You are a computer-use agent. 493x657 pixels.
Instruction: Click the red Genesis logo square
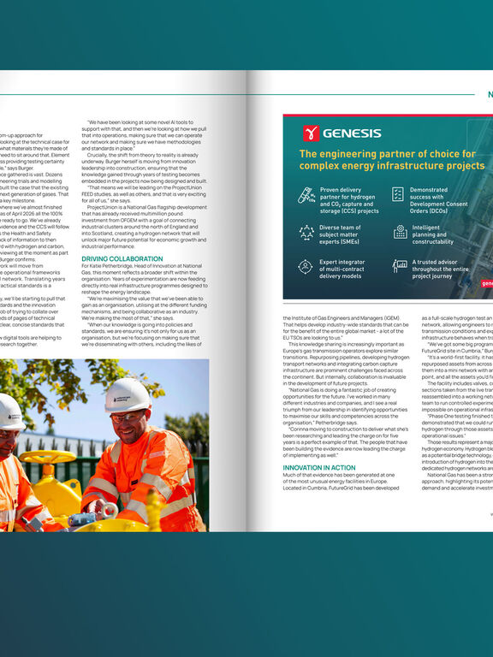coord(311,133)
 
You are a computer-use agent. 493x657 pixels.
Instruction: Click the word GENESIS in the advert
coord(352,133)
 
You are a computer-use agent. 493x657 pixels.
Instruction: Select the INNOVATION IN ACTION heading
coord(319,468)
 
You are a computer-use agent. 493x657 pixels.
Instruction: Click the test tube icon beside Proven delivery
coord(306,196)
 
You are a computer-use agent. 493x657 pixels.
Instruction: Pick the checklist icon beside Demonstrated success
coord(398,194)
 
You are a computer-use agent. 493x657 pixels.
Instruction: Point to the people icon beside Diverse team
coord(306,232)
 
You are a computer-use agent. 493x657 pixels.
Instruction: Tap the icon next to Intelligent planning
coord(400,232)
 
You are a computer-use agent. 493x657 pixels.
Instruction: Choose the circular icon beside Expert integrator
coord(306,266)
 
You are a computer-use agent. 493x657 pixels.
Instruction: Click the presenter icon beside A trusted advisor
coord(400,266)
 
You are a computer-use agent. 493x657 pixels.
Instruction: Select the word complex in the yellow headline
coord(326,165)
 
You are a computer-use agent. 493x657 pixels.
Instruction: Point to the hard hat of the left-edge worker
coord(9,411)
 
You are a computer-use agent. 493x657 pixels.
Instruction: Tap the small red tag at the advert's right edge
coord(486,283)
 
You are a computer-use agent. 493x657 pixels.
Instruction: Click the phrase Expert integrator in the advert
coord(347,262)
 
